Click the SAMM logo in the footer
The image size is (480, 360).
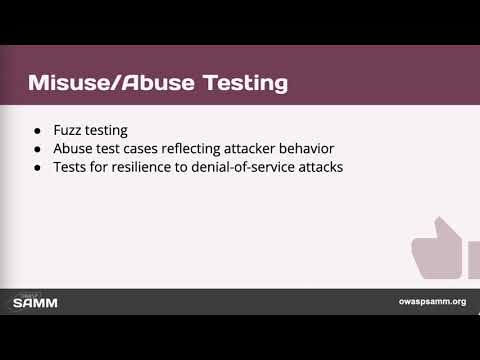37,301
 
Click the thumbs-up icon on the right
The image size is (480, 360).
440,250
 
